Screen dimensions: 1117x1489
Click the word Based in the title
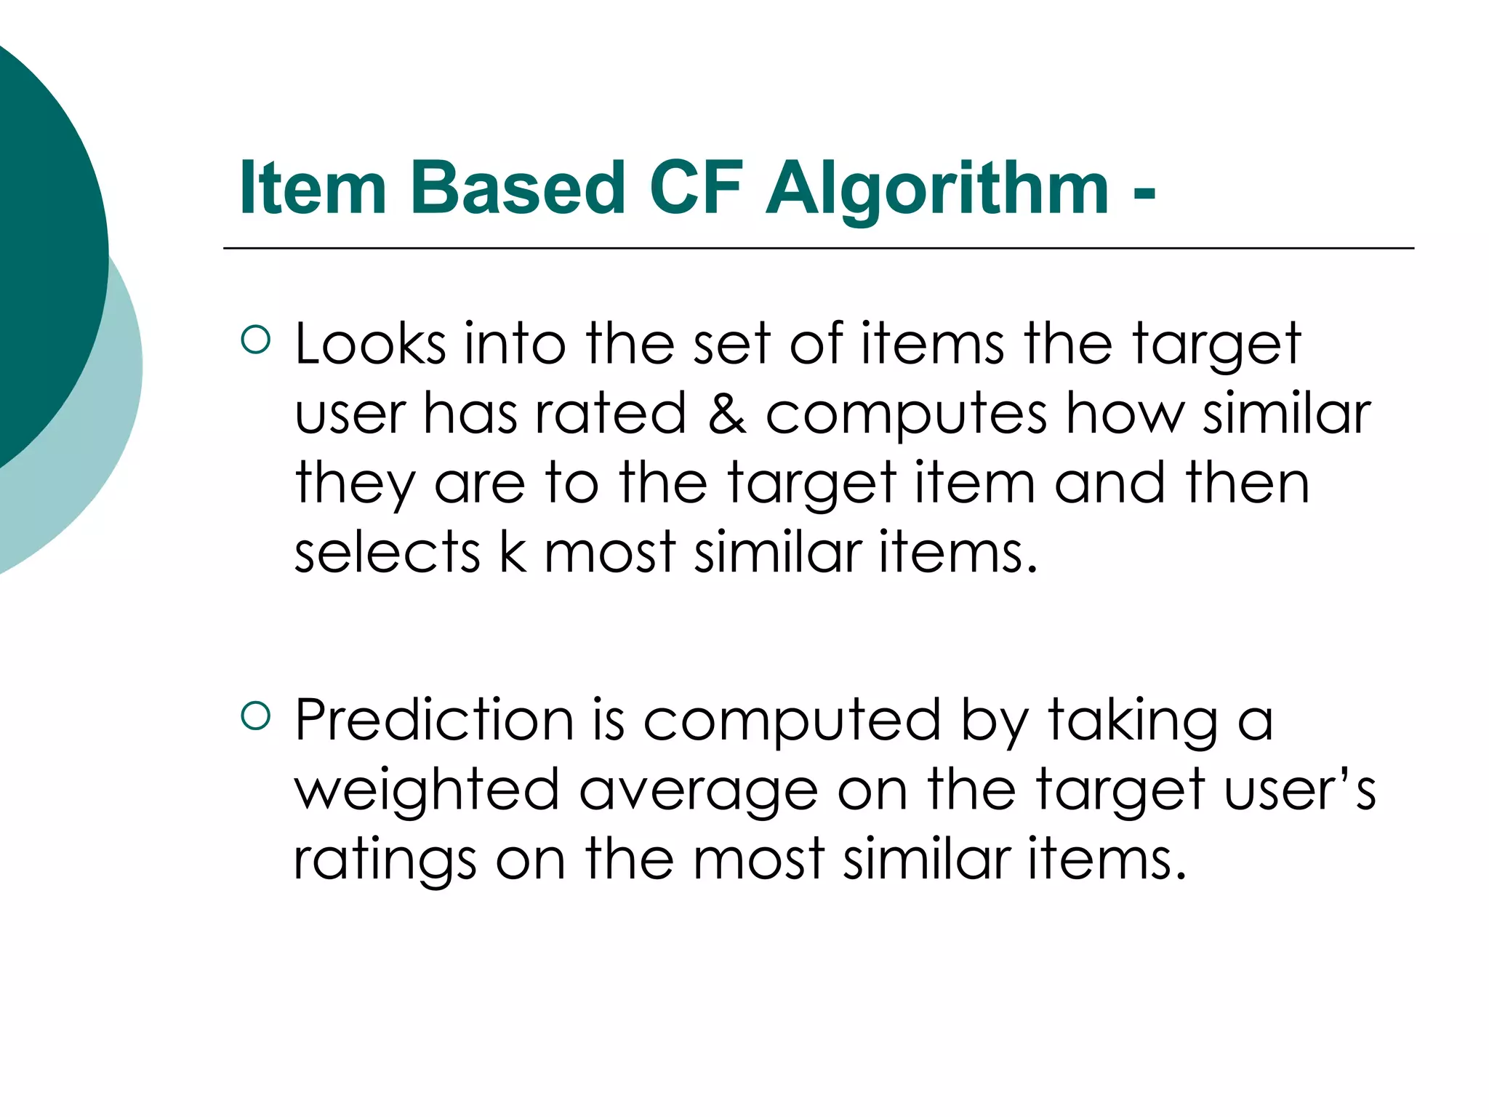[x=517, y=188]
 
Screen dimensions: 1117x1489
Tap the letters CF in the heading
[x=696, y=188]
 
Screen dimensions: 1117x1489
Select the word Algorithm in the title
[x=937, y=189]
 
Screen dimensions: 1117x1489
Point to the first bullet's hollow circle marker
[x=255, y=339]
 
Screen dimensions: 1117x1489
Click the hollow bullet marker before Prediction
[x=255, y=716]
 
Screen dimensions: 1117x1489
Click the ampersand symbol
[x=726, y=413]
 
